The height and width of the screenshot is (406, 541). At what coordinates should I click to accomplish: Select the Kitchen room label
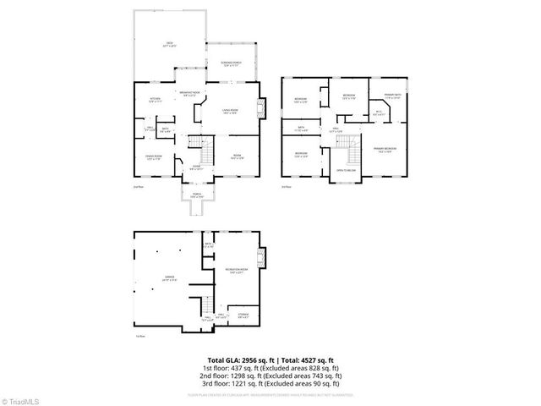(155, 101)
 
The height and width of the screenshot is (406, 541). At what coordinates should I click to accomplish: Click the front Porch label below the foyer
(196, 196)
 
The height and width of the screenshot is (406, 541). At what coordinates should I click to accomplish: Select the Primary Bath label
(393, 96)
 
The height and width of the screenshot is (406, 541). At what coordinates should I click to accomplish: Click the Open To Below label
(345, 170)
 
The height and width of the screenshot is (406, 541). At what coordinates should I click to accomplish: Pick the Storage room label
(243, 318)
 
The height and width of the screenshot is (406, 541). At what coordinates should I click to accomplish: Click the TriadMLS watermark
(21, 399)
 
